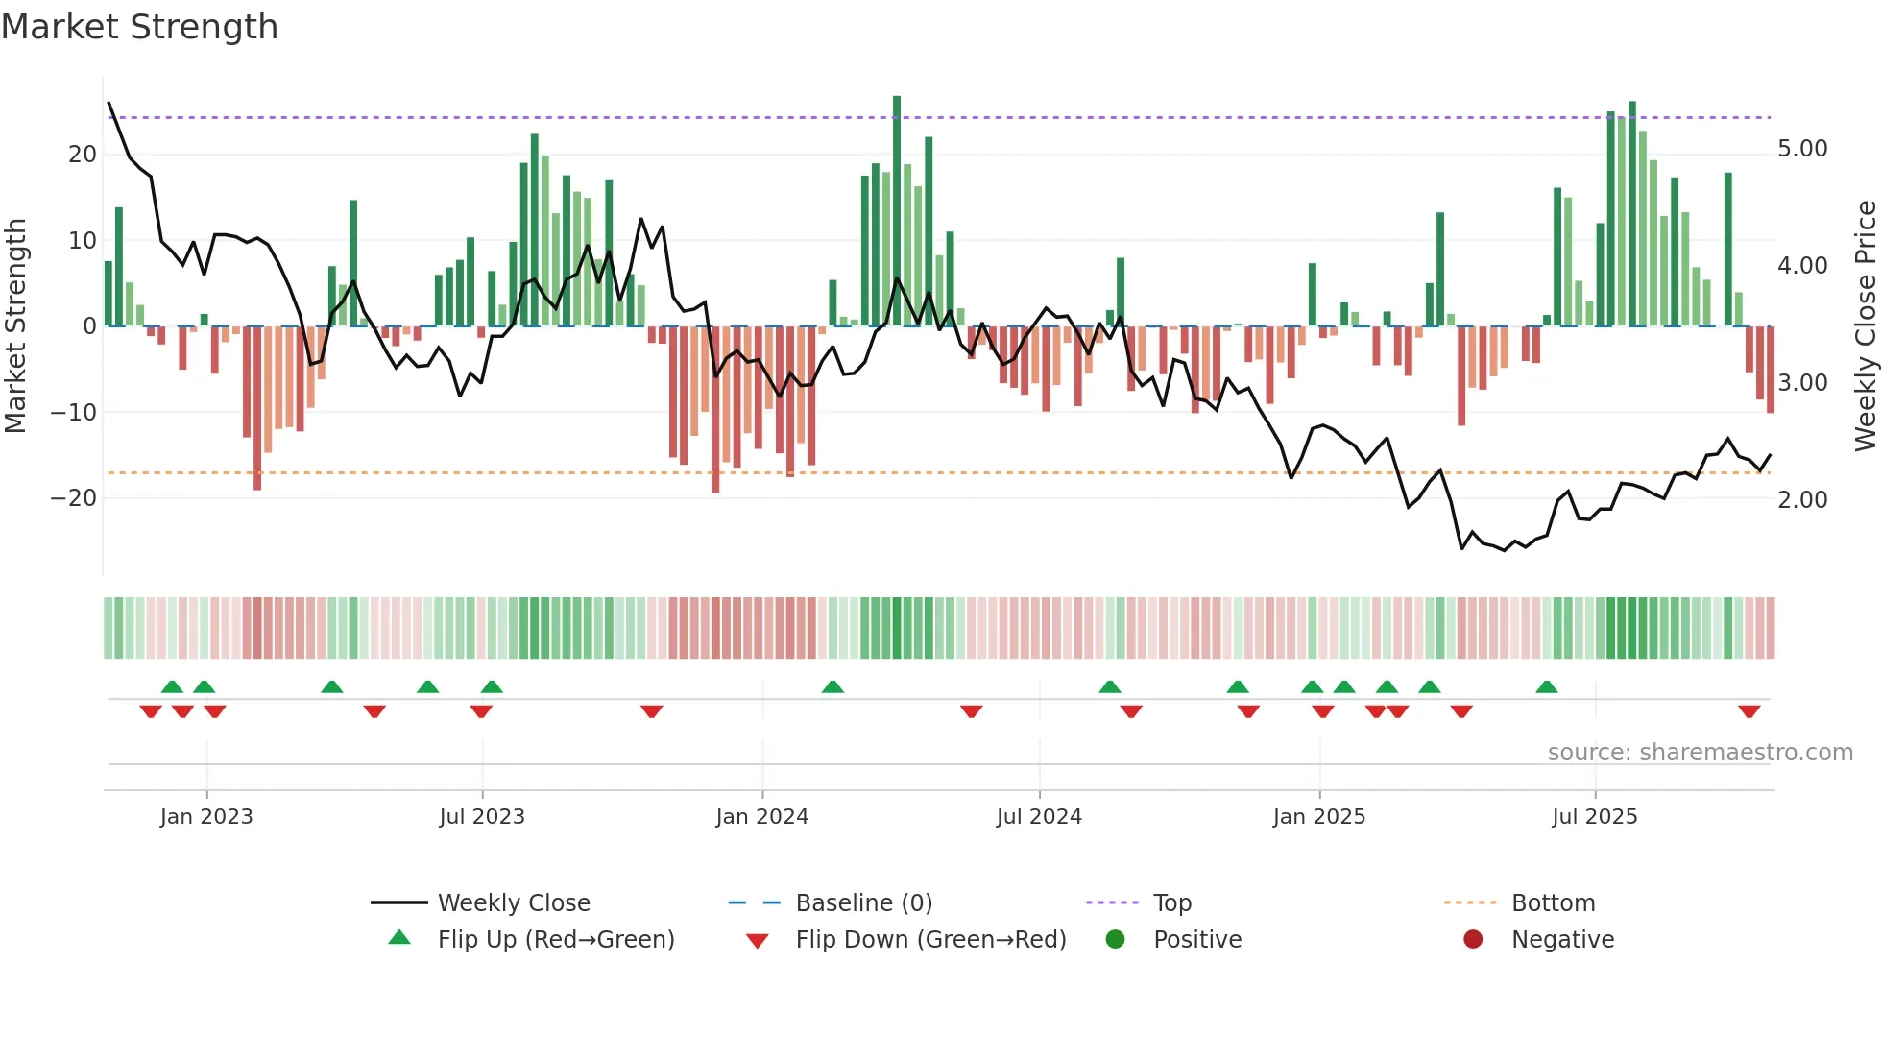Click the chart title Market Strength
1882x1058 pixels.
point(139,27)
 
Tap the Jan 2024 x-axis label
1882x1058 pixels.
point(761,817)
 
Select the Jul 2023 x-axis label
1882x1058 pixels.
point(481,817)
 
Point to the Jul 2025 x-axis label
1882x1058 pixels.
point(1594,817)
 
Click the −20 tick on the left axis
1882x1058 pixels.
point(73,498)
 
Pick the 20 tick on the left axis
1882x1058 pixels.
point(82,155)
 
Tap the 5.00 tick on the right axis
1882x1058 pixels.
point(1801,149)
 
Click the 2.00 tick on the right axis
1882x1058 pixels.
point(1801,500)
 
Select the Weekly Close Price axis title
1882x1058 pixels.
point(1865,325)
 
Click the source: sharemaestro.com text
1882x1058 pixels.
point(1700,753)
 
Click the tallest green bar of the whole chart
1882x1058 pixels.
point(897,211)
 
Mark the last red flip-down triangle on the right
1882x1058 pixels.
point(1749,711)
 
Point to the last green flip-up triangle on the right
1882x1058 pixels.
point(1546,686)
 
